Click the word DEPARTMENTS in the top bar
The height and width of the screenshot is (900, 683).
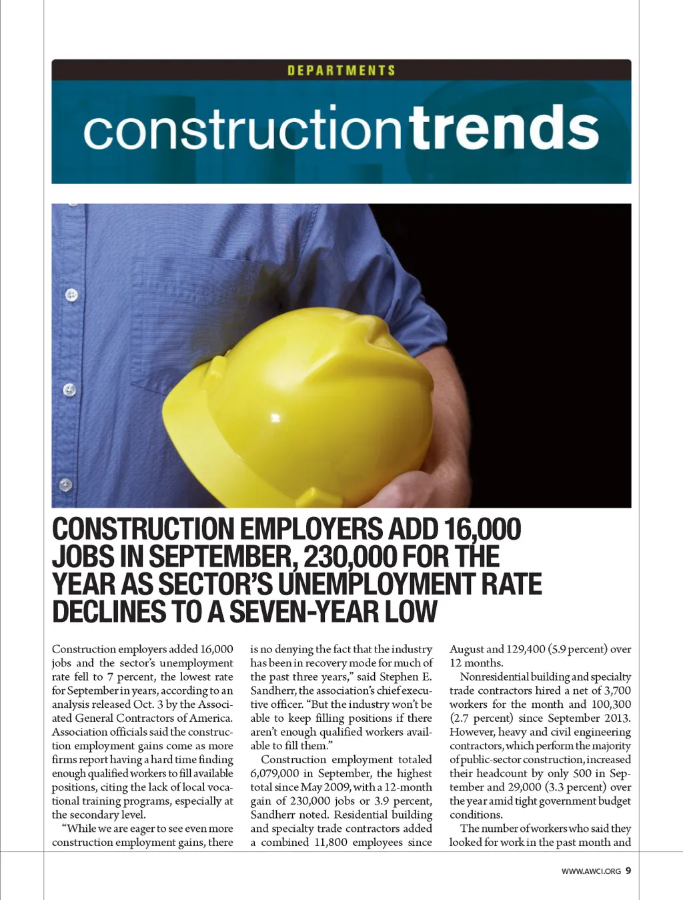click(x=341, y=70)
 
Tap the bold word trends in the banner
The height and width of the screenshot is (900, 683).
click(x=504, y=128)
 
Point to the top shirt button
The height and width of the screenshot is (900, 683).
click(x=71, y=294)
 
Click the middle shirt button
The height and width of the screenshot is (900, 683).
click(x=69, y=390)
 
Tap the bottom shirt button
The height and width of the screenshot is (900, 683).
click(x=65, y=484)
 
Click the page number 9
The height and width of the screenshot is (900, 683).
click(x=628, y=870)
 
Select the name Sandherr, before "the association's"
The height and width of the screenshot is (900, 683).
click(x=273, y=691)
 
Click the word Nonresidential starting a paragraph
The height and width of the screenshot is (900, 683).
click(x=494, y=677)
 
